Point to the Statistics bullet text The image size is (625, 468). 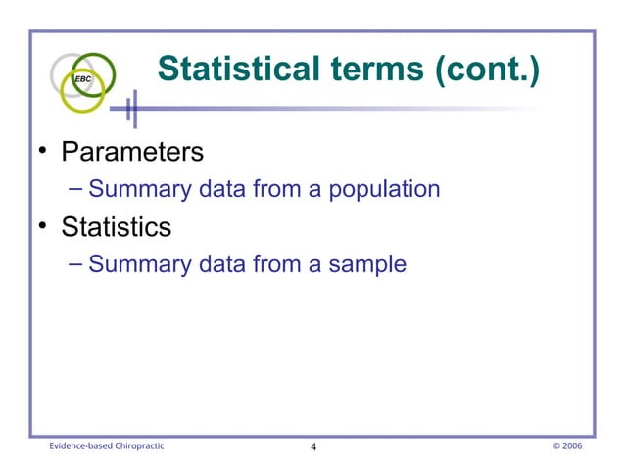[116, 227]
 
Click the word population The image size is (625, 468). [382, 189]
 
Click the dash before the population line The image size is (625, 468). [77, 188]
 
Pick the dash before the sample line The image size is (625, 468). [77, 262]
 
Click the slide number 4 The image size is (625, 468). [312, 446]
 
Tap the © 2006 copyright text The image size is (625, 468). [567, 445]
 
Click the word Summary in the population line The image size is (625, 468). [135, 189]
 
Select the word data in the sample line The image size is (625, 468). [223, 263]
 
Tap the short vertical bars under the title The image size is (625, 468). [132, 110]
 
